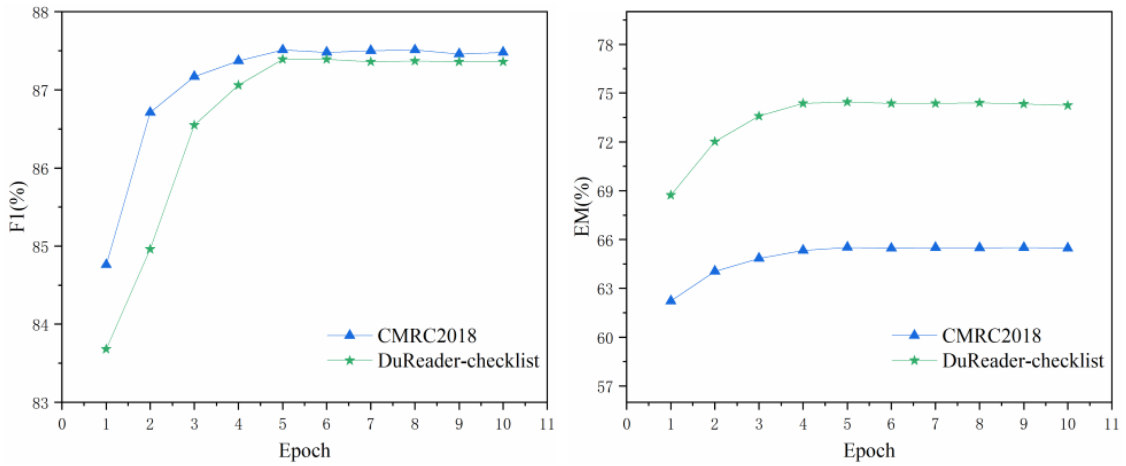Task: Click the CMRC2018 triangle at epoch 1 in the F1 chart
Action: pos(106,264)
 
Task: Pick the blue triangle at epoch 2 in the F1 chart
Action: pos(150,111)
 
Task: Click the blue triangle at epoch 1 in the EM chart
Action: pos(671,300)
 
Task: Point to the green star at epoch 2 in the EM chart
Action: pos(715,142)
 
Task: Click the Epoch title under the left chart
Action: pos(305,450)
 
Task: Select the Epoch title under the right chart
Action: pos(869,450)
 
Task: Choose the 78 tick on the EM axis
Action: pos(606,45)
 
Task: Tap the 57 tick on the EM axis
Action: pos(606,387)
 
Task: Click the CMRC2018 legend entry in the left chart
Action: pos(426,335)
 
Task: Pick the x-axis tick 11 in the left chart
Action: pos(547,424)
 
